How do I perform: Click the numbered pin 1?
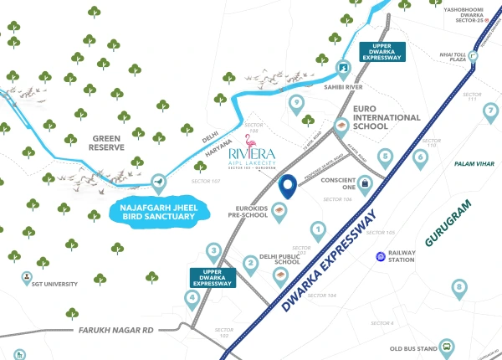coord(318,229)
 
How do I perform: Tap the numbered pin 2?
coord(250,265)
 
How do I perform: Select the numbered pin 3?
coord(214,250)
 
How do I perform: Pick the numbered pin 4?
coord(192,297)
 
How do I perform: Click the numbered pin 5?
coord(386,156)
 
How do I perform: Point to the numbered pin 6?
coord(420,156)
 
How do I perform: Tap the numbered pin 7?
coord(491,110)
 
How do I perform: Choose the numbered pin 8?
coord(458,288)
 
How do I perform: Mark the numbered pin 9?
coord(295,104)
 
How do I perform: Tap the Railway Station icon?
coord(381,256)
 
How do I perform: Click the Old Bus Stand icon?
coord(448,346)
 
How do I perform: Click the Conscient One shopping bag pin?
coord(365,182)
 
